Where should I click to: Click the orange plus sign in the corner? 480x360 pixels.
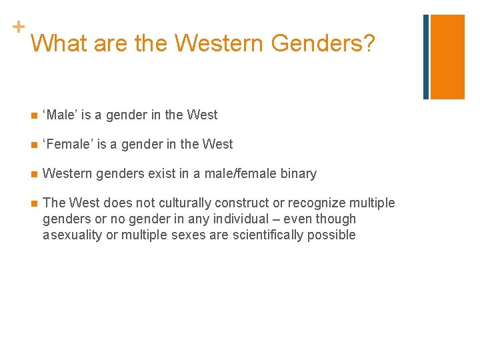18,27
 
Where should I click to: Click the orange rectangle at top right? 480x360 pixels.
447,57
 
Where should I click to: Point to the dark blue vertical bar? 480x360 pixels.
426,57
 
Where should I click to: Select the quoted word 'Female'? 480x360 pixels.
67,144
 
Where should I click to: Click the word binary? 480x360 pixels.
299,173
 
